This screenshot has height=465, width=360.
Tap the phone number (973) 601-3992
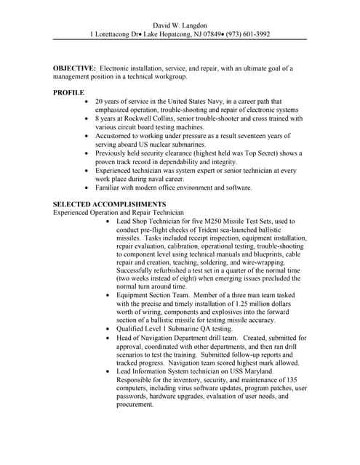tap(246, 33)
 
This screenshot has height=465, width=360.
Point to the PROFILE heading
tap(69, 92)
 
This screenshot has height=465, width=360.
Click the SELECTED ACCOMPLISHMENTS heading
tap(109, 203)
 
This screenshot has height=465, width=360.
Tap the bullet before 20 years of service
tap(88, 101)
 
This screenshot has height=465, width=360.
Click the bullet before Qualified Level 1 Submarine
tap(108, 328)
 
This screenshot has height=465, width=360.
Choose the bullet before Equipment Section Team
tap(108, 296)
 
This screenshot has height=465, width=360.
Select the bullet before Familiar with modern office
tap(88, 187)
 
